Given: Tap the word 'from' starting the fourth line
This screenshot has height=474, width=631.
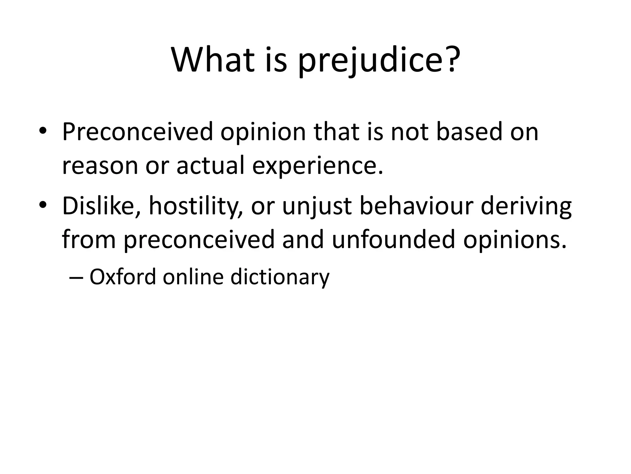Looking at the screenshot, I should pyautogui.click(x=89, y=239).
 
